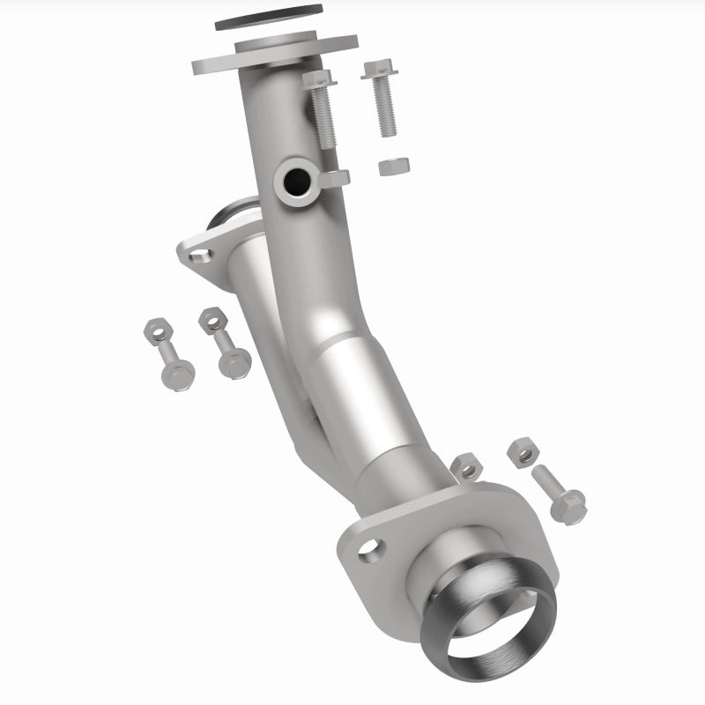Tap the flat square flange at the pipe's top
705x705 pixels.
211,63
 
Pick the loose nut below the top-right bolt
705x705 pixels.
389,167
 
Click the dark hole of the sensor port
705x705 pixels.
293,182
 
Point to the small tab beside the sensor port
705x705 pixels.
336,179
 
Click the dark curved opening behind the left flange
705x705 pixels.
231,215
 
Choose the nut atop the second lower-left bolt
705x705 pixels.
212,320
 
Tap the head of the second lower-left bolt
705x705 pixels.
236,361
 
